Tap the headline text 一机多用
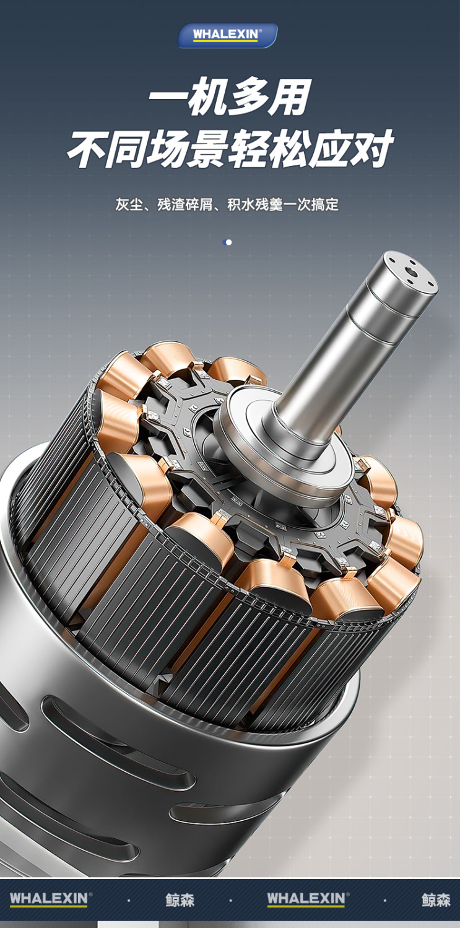(230, 96)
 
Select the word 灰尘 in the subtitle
(129, 204)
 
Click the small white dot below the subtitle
(228, 242)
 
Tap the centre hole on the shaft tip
(410, 272)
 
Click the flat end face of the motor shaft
(410, 272)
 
